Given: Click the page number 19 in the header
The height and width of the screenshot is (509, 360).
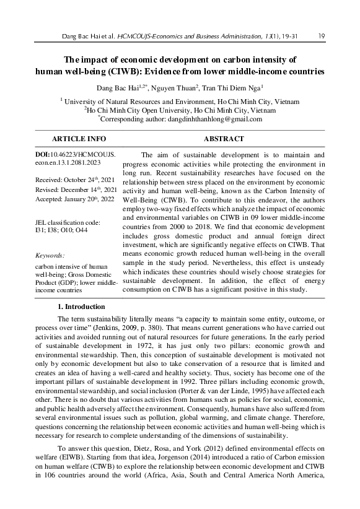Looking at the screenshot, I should point(321,37).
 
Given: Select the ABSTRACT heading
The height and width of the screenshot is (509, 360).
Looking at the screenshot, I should point(223,139).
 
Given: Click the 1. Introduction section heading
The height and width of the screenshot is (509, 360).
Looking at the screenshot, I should point(81,307).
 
